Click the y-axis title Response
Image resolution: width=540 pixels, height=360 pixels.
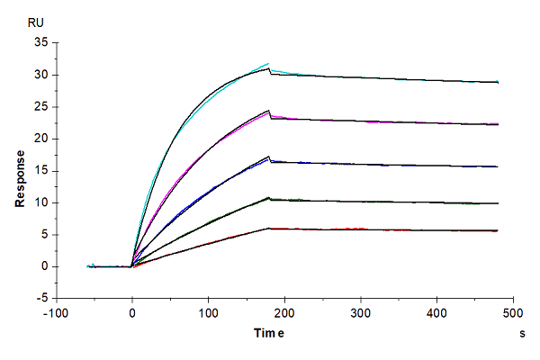pos(20,171)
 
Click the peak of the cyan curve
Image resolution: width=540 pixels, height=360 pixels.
pos(268,63)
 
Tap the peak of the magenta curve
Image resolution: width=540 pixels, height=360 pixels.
pos(268,112)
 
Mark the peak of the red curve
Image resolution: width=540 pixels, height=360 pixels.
pos(268,229)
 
